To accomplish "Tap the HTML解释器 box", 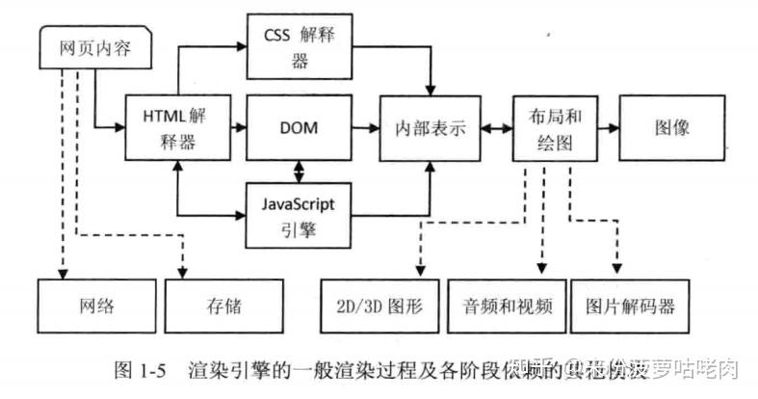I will (180, 128).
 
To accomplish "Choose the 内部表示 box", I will (430, 128).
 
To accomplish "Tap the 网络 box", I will (95, 306).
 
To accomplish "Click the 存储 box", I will (223, 306).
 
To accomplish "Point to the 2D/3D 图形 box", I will (380, 306).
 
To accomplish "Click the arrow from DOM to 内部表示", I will (364, 128).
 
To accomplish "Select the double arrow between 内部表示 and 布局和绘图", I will (497, 128).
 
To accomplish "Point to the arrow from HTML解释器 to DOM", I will (241, 128).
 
